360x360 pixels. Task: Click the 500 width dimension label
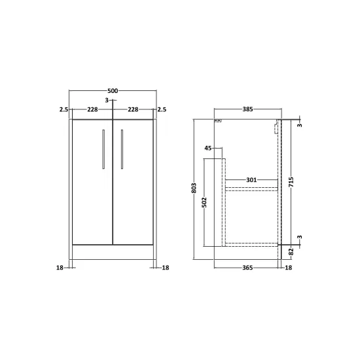113,91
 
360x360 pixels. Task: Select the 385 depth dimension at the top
247,109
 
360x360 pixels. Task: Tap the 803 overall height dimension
194,188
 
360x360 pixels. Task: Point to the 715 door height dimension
291,182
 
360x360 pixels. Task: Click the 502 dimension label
204,202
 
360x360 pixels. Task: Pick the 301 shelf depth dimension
251,180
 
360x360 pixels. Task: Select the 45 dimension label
208,149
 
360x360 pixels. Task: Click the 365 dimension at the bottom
247,268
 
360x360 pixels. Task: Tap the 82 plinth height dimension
291,251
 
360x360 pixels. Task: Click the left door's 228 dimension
92,109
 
